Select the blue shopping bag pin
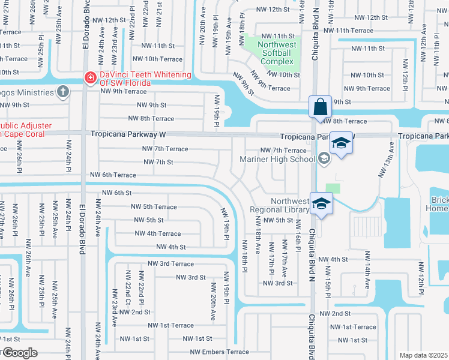click(321, 106)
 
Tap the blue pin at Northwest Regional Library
click(321, 204)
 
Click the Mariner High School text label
click(277, 159)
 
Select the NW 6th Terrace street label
click(113, 175)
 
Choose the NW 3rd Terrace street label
click(171, 264)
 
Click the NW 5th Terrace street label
click(154, 207)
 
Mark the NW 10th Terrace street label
click(157, 59)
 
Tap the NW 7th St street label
click(158, 162)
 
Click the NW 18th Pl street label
click(245, 256)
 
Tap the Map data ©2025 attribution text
click(423, 355)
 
